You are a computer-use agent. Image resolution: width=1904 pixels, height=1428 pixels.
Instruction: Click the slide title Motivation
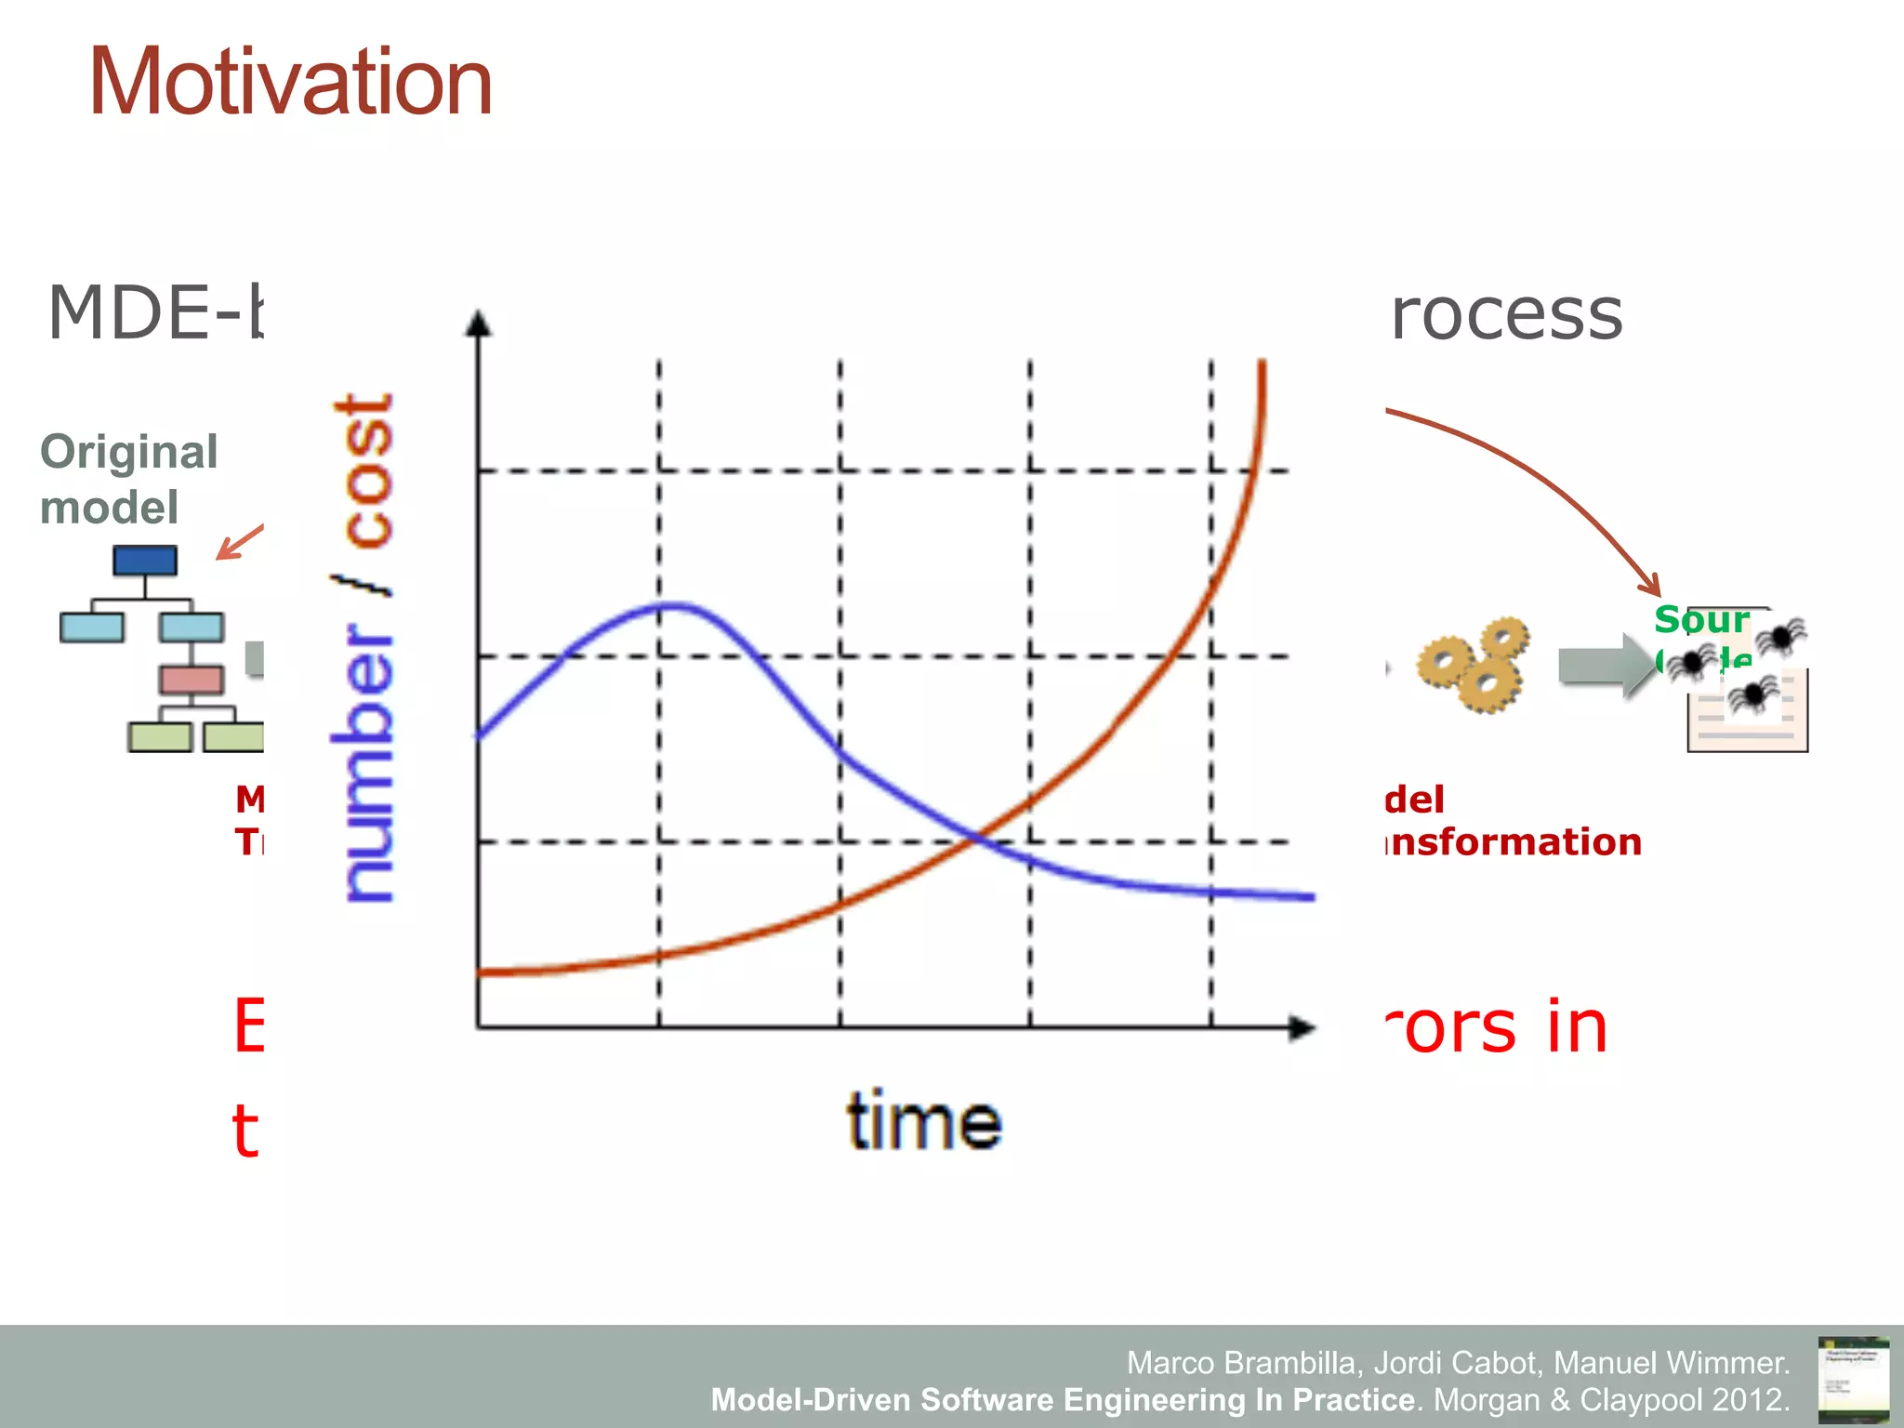click(290, 84)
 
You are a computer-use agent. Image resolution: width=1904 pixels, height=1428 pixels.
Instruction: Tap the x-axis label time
click(924, 1121)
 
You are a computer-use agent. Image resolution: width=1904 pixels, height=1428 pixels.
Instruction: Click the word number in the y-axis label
click(364, 762)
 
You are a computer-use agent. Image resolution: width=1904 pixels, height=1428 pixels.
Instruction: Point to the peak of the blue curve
click(676, 606)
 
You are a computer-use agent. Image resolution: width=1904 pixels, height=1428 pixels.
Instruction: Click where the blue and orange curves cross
click(975, 839)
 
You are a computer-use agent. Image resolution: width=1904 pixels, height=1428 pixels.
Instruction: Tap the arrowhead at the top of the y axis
click(478, 323)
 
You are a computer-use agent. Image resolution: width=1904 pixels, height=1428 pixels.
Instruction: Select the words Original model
click(128, 479)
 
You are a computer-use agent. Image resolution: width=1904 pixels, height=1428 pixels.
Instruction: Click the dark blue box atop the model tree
click(145, 561)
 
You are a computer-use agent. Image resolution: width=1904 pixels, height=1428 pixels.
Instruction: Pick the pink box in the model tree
click(191, 680)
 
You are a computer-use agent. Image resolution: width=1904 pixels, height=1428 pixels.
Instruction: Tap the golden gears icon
click(1474, 665)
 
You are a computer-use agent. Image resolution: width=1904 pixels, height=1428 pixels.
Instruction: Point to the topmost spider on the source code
click(1781, 637)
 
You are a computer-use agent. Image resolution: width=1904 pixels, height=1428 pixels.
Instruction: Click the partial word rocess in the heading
click(1506, 314)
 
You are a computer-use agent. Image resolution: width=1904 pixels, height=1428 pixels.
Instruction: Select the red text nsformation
click(1514, 841)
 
